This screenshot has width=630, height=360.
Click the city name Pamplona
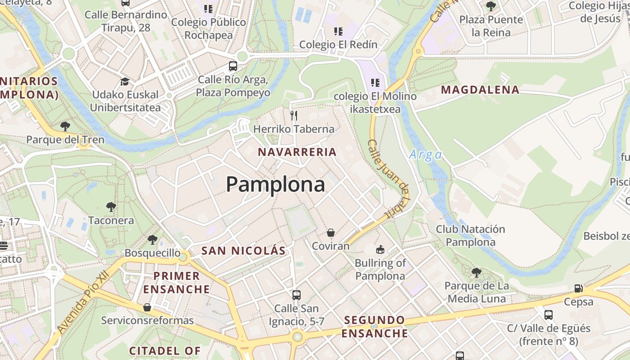tap(275, 184)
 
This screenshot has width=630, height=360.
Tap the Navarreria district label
tap(297, 152)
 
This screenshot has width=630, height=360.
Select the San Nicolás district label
tap(243, 251)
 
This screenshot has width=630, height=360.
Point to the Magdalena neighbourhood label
tap(480, 90)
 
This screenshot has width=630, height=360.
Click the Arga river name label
tap(425, 155)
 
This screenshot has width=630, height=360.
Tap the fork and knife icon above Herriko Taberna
tap(294, 116)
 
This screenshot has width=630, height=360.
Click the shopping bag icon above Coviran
tap(331, 233)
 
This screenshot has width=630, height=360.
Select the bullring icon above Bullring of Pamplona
tap(380, 249)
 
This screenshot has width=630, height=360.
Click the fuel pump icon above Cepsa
tap(578, 288)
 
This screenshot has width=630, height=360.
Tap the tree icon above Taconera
tap(111, 207)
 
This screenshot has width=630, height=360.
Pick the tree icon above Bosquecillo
tap(153, 239)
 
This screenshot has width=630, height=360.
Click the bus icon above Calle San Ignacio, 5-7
tap(296, 295)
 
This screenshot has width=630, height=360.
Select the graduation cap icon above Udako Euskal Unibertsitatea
tap(125, 81)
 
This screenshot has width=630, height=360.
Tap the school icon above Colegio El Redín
tap(338, 31)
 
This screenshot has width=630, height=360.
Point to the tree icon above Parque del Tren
tap(65, 126)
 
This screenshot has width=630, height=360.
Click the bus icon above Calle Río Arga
tap(233, 66)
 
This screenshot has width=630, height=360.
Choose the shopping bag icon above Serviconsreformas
tap(147, 307)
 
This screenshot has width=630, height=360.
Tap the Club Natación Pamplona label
tap(470, 235)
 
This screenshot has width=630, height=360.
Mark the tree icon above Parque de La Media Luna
tap(477, 272)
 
